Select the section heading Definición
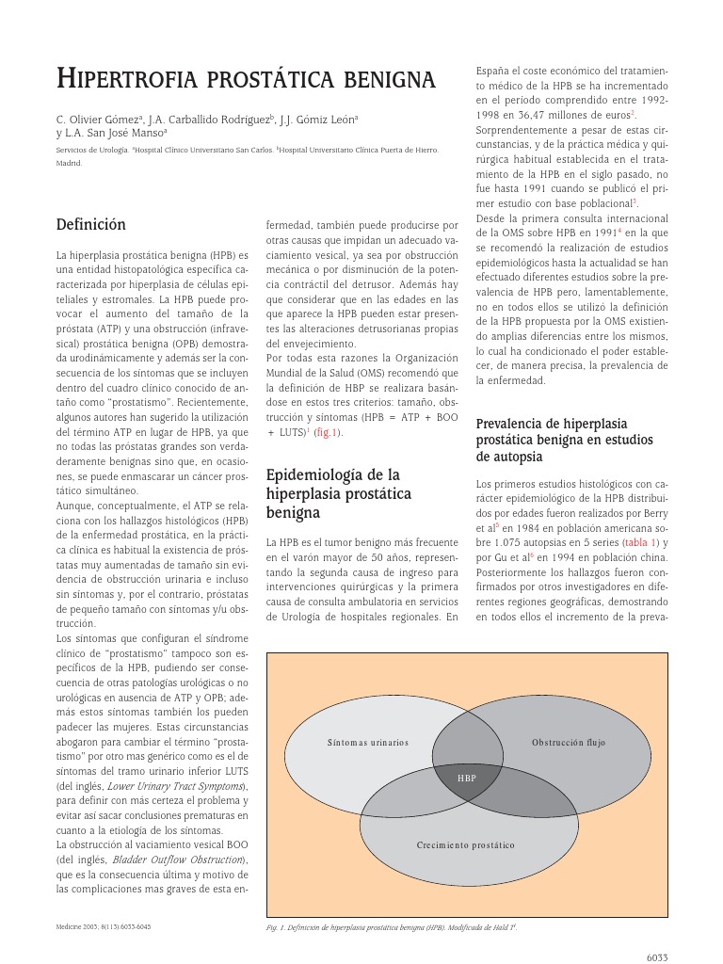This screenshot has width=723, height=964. click(x=90, y=225)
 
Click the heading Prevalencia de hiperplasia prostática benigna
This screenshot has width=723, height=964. click(x=563, y=440)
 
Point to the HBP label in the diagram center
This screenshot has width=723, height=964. click(x=467, y=779)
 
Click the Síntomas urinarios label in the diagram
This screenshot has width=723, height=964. click(x=368, y=743)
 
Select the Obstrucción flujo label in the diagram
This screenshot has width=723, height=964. click(x=569, y=743)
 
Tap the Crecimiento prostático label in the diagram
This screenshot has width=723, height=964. click(x=466, y=845)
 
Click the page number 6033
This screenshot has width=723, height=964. click(x=656, y=956)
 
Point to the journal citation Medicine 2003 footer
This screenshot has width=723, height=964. click(x=104, y=926)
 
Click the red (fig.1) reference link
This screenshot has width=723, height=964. click(x=329, y=432)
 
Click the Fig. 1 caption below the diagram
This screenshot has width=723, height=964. click(x=392, y=927)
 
